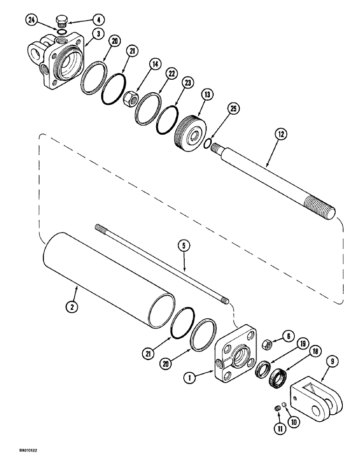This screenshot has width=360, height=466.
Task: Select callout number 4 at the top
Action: [x=99, y=20]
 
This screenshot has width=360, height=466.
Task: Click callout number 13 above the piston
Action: [x=207, y=95]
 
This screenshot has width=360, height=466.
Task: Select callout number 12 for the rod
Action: [x=280, y=135]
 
